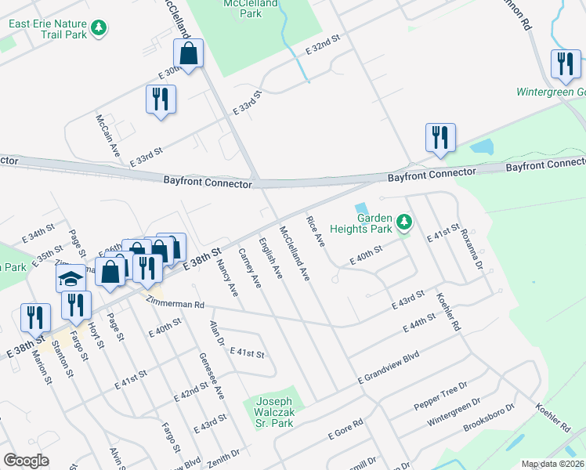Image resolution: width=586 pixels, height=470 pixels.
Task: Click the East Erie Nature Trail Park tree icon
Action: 98,29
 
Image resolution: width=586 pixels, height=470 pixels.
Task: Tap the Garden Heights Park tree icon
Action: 404,223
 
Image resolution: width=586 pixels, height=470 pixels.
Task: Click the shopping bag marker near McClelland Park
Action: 188,54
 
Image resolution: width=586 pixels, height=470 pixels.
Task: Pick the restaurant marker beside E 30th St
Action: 161,99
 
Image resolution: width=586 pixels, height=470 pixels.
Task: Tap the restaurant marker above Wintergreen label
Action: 565,64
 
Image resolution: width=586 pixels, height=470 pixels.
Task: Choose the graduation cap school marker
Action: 71,278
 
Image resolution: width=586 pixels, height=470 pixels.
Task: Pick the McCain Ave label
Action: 107,136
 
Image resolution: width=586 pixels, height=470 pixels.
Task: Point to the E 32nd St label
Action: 324,43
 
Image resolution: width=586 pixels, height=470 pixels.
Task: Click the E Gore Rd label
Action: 345,429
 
